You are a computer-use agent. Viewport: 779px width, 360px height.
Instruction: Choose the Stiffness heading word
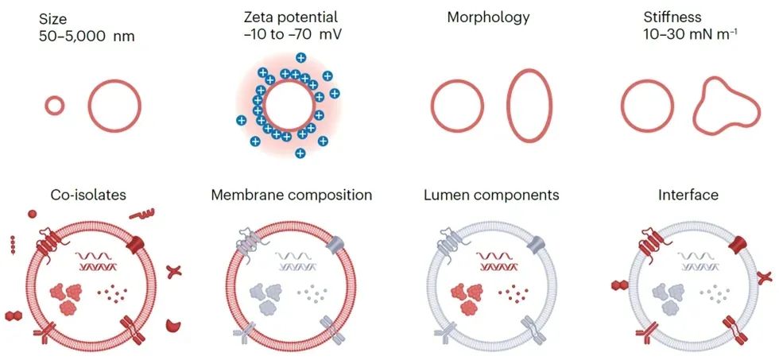click(648, 17)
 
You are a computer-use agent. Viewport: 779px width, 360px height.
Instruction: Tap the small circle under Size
click(54, 106)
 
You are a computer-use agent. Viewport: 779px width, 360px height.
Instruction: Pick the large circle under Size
click(114, 106)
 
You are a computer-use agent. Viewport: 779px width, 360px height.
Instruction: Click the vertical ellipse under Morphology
click(529, 106)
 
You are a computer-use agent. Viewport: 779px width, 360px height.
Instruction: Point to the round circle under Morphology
click(457, 107)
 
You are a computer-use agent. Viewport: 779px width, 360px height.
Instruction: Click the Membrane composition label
click(291, 195)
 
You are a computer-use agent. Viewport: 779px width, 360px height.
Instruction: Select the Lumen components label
click(490, 195)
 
